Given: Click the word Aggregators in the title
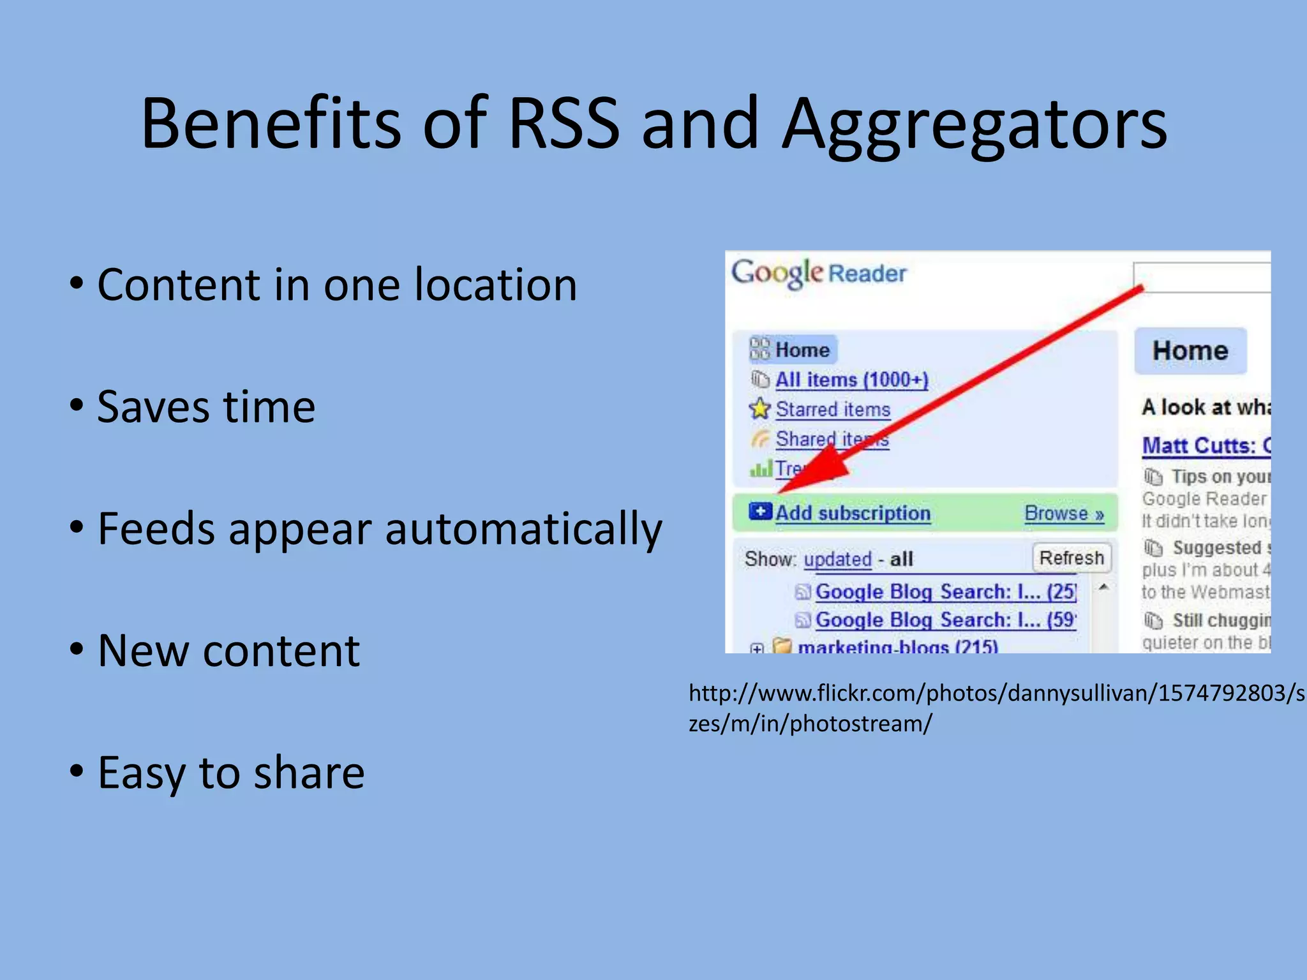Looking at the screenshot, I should click(x=975, y=124).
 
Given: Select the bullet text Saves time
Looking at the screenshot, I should click(x=205, y=406).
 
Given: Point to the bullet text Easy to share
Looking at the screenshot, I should click(x=230, y=773).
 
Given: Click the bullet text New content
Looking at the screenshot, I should click(x=228, y=651).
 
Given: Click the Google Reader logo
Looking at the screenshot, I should click(x=818, y=273).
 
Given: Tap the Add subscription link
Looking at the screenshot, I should click(x=853, y=513).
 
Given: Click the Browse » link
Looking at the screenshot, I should click(x=1064, y=514).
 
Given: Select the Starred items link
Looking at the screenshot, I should click(x=832, y=409).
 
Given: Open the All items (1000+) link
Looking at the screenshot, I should click(x=851, y=380).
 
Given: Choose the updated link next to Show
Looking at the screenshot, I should click(x=837, y=560).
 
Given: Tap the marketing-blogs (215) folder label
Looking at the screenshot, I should click(x=897, y=647).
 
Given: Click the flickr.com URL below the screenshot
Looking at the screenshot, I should click(x=996, y=708).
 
